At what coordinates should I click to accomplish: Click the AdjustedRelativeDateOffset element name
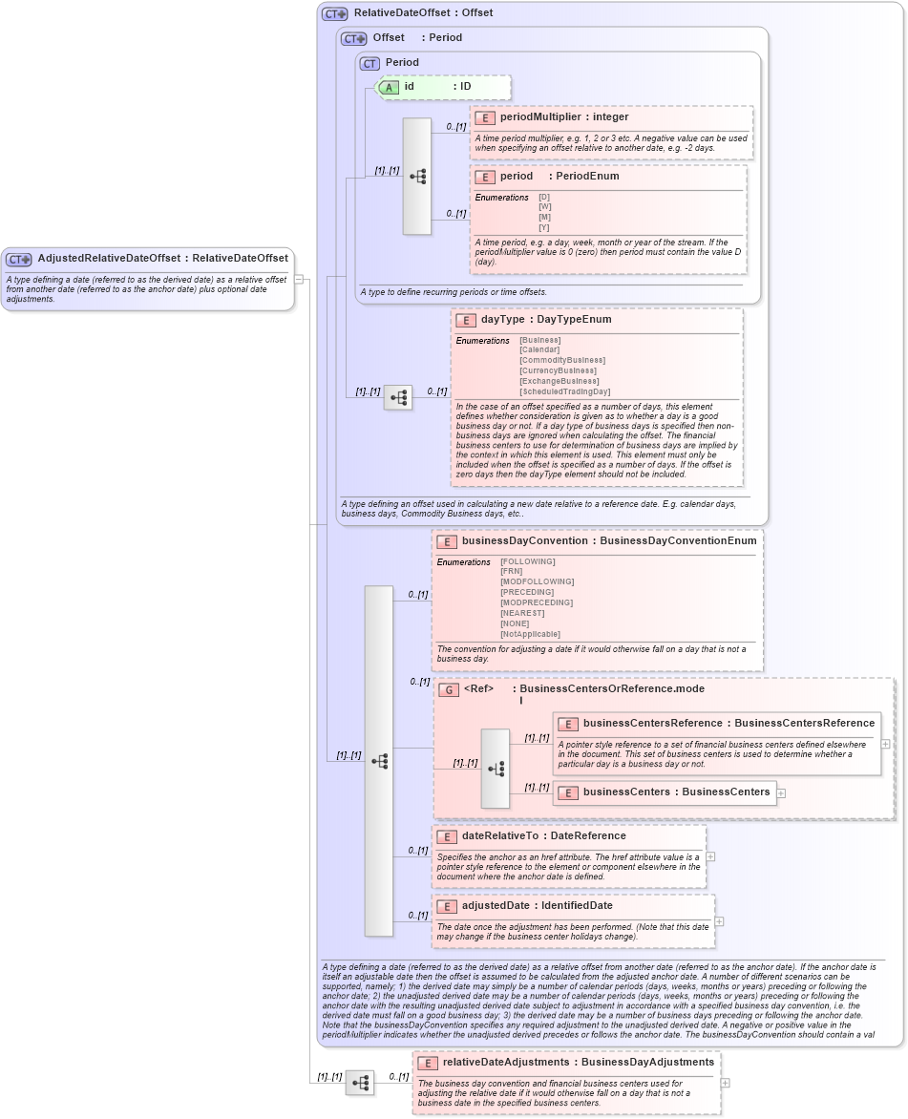109,259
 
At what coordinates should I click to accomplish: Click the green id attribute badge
389,87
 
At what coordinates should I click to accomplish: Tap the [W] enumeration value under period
544,207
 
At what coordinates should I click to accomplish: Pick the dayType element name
502,320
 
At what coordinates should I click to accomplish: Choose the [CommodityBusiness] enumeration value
561,361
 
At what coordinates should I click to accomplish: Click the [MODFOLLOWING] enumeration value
537,581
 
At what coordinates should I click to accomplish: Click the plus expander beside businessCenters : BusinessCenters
781,792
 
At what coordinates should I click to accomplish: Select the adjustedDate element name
496,906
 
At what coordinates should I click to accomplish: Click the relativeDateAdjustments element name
506,1063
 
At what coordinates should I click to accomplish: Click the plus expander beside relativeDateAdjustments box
726,1083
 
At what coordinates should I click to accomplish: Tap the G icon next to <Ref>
448,689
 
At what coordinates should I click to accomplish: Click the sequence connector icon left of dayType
398,397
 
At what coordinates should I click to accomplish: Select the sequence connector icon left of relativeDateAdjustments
360,1083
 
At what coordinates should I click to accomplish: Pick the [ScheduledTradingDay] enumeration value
564,391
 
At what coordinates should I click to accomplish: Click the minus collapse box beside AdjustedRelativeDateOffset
299,279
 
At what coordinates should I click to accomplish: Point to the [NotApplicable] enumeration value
530,634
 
